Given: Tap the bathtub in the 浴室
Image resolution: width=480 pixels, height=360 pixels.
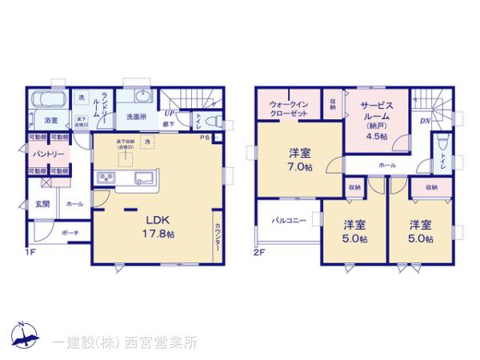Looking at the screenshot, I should click(x=50, y=101).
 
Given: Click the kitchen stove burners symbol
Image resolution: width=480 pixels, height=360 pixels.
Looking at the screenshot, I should click(x=106, y=178).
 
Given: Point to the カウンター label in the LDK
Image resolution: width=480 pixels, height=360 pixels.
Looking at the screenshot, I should click(x=218, y=238).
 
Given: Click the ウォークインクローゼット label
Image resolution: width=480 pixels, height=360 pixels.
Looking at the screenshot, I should click(x=288, y=108).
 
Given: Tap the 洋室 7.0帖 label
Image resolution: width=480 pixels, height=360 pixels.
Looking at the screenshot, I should click(x=300, y=158).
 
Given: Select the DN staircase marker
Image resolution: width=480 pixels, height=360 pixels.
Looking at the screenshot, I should click(x=423, y=122).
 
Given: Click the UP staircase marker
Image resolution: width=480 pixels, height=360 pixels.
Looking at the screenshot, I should click(x=169, y=114).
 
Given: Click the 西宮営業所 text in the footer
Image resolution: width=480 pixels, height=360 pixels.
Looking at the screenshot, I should click(x=154, y=343).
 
